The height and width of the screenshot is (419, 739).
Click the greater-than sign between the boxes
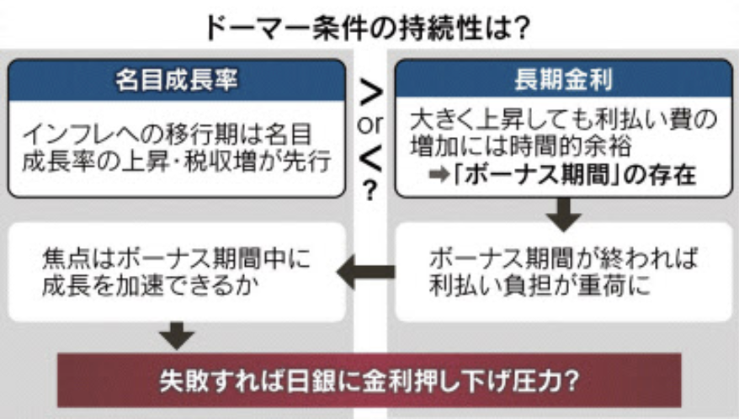369,92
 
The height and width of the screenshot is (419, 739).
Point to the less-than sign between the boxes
369,156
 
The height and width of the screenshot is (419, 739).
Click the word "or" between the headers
369,123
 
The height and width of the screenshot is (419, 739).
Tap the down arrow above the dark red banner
178,334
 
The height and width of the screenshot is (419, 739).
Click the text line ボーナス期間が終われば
563,256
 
